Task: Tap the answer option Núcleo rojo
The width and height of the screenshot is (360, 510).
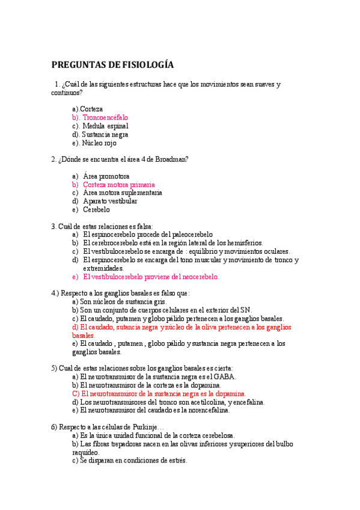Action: (99, 143)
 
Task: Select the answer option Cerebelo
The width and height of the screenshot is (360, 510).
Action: (96, 210)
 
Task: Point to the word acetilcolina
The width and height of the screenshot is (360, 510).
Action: (206, 402)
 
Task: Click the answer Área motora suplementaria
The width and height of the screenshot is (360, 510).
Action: (122, 193)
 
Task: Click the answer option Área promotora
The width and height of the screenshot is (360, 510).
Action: (106, 176)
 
